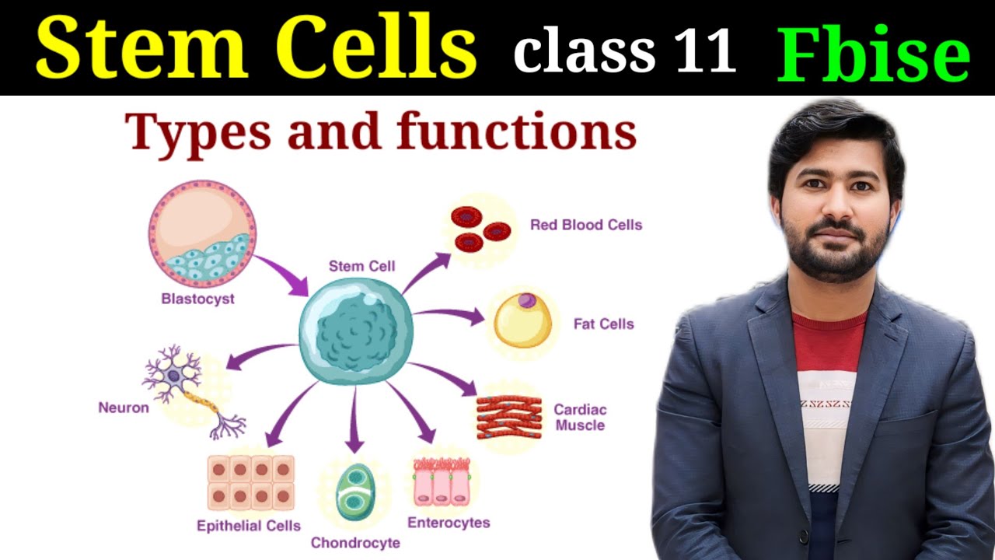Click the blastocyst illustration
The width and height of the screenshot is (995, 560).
(202, 233)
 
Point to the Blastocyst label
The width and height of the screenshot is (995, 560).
(197, 299)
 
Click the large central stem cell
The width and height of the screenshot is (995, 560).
(356, 330)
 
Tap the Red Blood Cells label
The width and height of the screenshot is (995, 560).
(585, 225)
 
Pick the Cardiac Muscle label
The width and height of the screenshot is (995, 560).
(580, 418)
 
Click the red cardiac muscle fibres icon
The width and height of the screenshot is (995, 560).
(509, 417)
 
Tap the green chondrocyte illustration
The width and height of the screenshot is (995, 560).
(355, 492)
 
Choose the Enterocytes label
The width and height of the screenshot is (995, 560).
(449, 523)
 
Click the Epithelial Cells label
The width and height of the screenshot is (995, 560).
(248, 526)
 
